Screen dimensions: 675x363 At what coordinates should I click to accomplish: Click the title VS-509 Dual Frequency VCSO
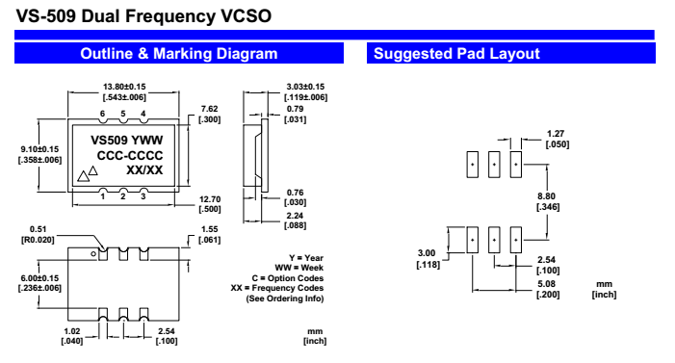143,16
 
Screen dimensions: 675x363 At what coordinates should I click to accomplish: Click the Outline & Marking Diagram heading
179,53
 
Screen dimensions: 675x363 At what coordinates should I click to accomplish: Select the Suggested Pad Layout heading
456,53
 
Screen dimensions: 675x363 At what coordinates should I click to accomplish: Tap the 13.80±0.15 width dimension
124,87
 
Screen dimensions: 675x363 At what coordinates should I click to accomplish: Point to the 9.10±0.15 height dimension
39,149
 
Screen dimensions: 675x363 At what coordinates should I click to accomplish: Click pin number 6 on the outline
102,114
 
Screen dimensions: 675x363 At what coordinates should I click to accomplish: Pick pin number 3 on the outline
143,196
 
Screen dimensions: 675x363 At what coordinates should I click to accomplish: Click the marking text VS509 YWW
126,141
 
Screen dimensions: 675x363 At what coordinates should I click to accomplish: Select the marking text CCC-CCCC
130,155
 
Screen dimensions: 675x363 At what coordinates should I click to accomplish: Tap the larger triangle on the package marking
84,176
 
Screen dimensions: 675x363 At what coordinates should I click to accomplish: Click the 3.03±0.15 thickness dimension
305,87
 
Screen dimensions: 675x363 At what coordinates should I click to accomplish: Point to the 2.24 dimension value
295,216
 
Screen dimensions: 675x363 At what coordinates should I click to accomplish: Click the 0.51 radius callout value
38,229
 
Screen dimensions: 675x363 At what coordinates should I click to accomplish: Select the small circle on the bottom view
93,254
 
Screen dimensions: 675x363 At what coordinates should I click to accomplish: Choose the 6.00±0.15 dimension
39,278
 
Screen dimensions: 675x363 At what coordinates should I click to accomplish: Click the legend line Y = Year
306,258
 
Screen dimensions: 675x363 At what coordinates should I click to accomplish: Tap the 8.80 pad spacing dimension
546,196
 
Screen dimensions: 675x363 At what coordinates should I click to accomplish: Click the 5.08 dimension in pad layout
546,284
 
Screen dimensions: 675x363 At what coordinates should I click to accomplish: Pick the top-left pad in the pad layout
473,164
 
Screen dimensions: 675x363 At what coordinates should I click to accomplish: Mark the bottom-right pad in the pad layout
516,240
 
